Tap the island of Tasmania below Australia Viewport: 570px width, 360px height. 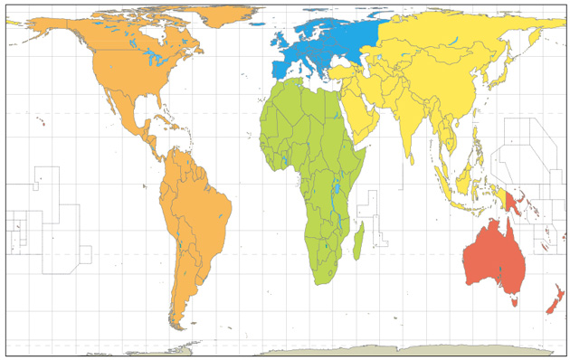[x=511, y=296]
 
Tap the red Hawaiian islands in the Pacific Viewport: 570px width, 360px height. [x=41, y=121]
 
